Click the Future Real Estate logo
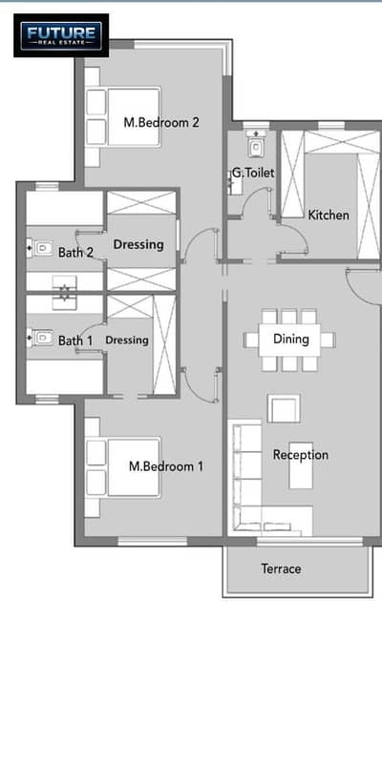pyautogui.click(x=61, y=35)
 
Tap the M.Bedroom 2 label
pyautogui.click(x=161, y=122)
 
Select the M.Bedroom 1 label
pyautogui.click(x=166, y=466)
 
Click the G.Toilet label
pyautogui.click(x=253, y=173)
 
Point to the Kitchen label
pyautogui.click(x=329, y=215)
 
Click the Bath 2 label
pyautogui.click(x=75, y=252)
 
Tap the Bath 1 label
pyautogui.click(x=75, y=340)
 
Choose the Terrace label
pyautogui.click(x=281, y=568)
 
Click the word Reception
pyautogui.click(x=301, y=455)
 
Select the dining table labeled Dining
pyautogui.click(x=290, y=340)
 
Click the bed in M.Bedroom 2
pyautogui.click(x=123, y=116)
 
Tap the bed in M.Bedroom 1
pyautogui.click(x=123, y=467)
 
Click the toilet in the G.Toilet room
pyautogui.click(x=256, y=145)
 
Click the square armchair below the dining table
pyautogui.click(x=284, y=408)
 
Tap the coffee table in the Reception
pyautogui.click(x=301, y=465)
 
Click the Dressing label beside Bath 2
pyautogui.click(x=138, y=245)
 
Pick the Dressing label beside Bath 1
pyautogui.click(x=127, y=340)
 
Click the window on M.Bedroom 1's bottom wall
pyautogui.click(x=153, y=541)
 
